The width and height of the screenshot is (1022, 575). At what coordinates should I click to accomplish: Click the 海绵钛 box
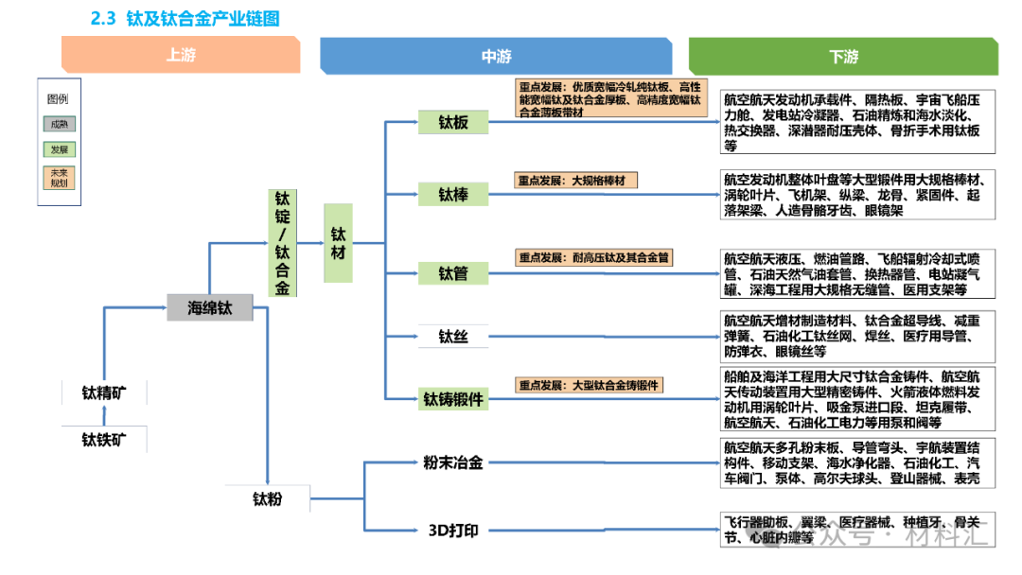[209, 307]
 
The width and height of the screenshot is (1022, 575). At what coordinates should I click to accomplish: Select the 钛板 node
[452, 123]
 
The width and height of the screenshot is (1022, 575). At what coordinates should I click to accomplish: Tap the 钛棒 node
[452, 195]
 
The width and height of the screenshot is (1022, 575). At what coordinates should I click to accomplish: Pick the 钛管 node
[452, 273]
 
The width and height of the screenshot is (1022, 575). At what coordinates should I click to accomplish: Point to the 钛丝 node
[452, 336]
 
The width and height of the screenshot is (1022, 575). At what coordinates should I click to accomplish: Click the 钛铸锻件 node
[452, 399]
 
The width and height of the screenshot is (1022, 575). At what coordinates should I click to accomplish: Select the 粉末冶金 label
[452, 462]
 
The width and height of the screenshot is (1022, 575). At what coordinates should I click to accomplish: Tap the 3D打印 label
[452, 530]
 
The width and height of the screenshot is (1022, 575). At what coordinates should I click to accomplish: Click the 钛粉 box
[267, 498]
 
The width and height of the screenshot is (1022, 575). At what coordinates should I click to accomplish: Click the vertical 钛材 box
[338, 243]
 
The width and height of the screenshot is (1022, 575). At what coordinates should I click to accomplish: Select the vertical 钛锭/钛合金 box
[282, 243]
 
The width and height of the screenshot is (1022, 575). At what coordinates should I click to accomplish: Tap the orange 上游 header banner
[180, 56]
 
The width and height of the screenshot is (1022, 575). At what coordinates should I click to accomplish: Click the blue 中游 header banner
[496, 57]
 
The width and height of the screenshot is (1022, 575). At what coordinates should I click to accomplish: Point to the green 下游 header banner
[842, 57]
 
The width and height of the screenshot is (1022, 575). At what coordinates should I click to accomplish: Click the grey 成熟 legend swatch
[60, 124]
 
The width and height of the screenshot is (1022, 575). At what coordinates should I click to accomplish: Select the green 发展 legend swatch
[60, 149]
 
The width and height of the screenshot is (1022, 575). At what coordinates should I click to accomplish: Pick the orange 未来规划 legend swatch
[60, 178]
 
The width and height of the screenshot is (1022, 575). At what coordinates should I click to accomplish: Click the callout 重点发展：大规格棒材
[576, 180]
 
